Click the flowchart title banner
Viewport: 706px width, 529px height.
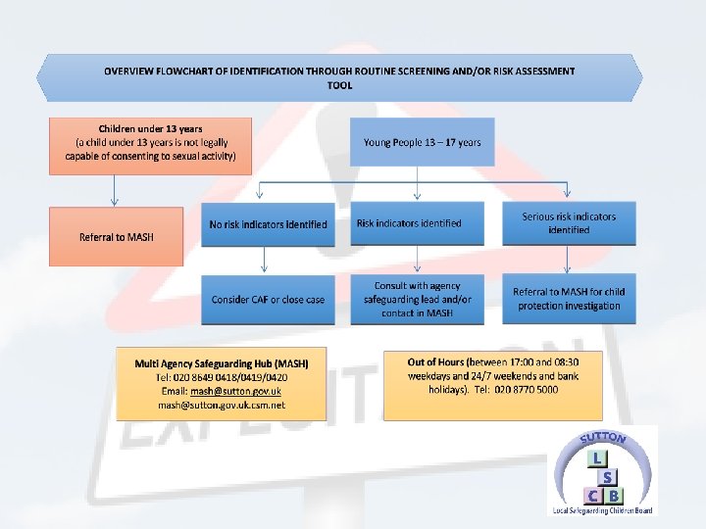[x=339, y=77]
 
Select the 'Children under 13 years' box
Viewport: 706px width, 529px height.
[x=150, y=145]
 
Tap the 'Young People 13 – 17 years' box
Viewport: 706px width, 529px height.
[x=422, y=142]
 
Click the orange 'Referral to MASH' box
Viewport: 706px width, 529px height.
[x=116, y=236]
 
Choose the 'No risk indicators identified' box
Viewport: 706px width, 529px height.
[x=268, y=224]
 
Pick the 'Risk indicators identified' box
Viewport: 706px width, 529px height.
[x=418, y=223]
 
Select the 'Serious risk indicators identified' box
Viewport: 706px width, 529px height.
[x=569, y=223]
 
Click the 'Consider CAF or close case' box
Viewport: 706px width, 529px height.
[x=268, y=299]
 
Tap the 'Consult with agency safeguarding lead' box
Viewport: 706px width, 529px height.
[x=418, y=299]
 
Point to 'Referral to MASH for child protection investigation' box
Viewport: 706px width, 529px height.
[x=569, y=299]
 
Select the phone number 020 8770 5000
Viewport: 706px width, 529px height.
[x=527, y=389]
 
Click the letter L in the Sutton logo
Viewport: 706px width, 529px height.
[x=595, y=458]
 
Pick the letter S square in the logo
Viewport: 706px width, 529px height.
[x=608, y=476]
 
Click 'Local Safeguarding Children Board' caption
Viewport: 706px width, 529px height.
[x=602, y=510]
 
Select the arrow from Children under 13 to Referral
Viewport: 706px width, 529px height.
[x=115, y=190]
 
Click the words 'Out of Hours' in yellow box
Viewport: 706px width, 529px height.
[x=434, y=362]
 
